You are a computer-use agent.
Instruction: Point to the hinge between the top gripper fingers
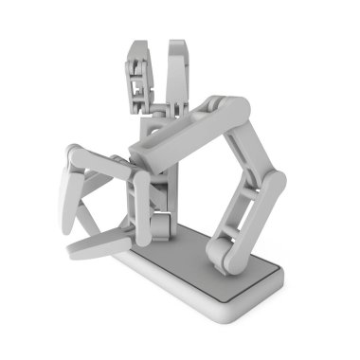159,107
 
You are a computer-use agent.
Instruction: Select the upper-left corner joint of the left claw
77,154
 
